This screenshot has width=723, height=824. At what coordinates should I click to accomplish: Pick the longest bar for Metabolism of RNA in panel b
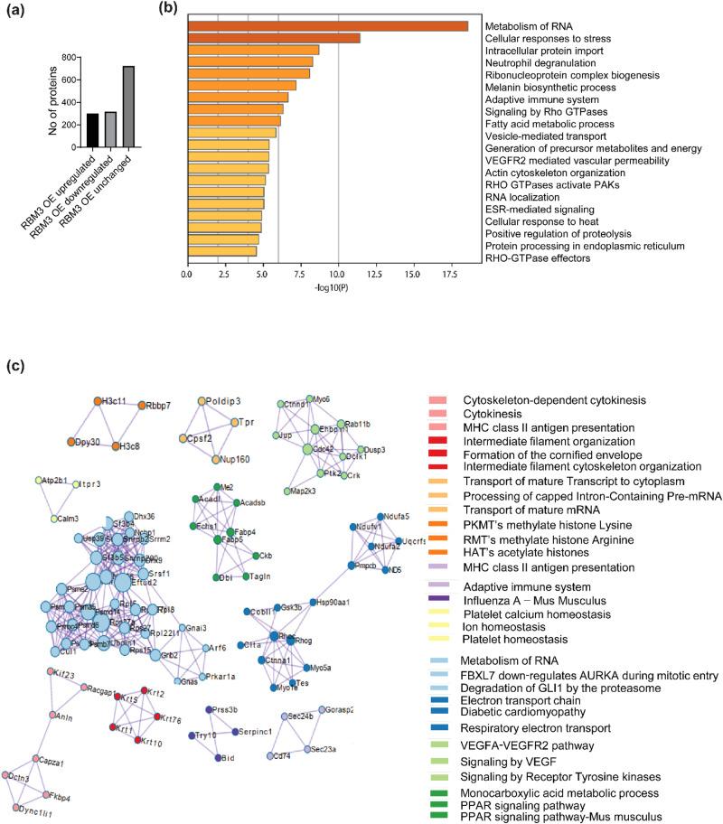tap(327, 25)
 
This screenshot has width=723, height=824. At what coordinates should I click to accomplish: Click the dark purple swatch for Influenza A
tap(437, 597)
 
